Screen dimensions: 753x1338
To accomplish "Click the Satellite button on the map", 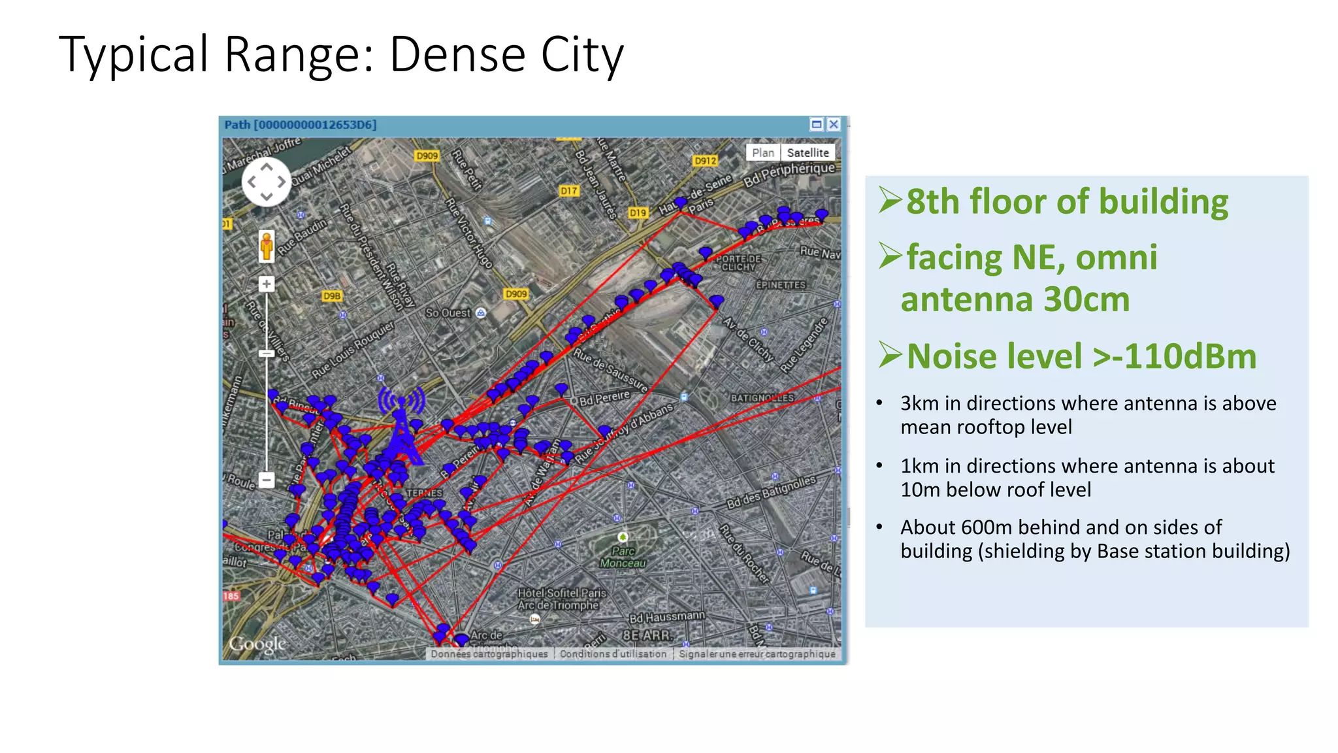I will click(x=808, y=152).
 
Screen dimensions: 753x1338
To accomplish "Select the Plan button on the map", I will click(x=762, y=152).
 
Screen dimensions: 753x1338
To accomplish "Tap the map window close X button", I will click(x=834, y=124).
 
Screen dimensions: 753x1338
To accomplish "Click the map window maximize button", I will click(x=817, y=124).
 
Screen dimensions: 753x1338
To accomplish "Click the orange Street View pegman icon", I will click(x=267, y=246).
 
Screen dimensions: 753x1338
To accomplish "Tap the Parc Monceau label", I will click(x=623, y=557).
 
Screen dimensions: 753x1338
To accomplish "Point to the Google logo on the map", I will click(x=257, y=644).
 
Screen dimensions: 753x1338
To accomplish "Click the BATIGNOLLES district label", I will click(x=762, y=397).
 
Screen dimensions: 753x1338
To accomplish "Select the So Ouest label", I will click(x=448, y=313).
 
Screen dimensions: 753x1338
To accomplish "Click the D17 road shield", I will click(x=569, y=191).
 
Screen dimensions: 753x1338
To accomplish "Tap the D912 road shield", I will click(x=706, y=161).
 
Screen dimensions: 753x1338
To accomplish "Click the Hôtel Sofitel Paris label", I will click(x=562, y=594).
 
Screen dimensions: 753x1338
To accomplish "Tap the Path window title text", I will click(x=301, y=125).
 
